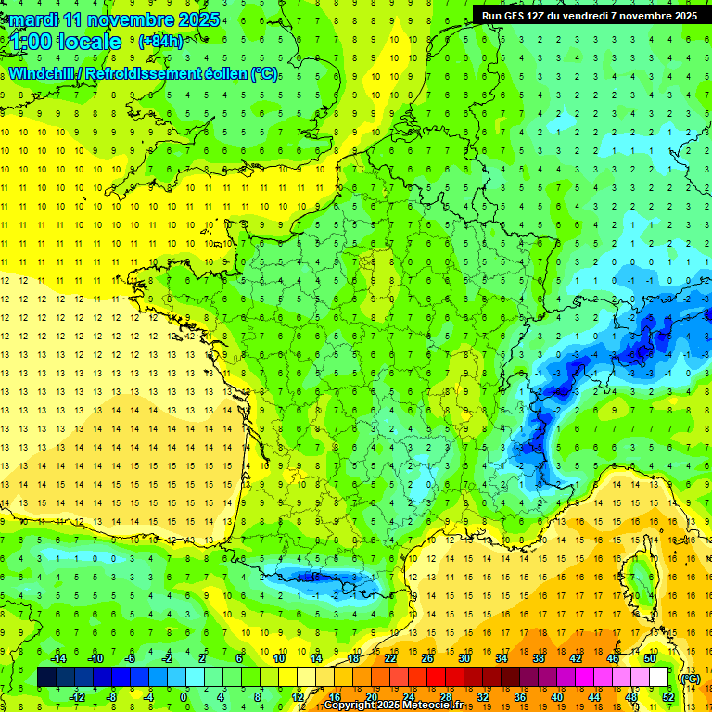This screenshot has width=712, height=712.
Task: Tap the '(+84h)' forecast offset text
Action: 159,42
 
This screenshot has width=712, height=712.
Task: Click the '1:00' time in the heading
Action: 31,42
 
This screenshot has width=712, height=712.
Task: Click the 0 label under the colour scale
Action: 184,696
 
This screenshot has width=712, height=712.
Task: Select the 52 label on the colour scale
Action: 668,696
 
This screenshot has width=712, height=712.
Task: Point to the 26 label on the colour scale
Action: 428,658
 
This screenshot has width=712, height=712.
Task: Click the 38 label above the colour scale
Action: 538,658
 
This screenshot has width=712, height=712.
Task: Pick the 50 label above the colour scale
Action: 650,658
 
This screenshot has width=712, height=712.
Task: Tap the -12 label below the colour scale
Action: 77,696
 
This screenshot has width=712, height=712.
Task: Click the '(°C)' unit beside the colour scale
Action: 690,678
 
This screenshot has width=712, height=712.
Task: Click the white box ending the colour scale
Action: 659,678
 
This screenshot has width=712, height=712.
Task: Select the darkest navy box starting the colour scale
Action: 46,678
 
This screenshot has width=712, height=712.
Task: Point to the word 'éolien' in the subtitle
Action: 220,73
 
